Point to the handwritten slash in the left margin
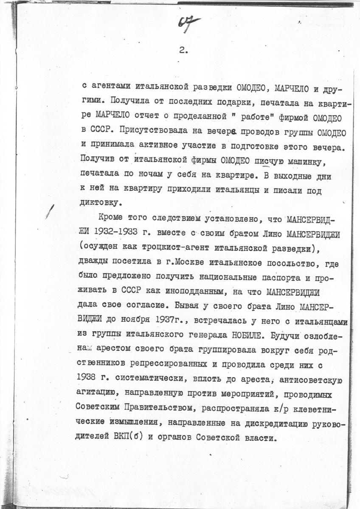tap(52, 210)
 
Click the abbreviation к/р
tap(267, 408)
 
